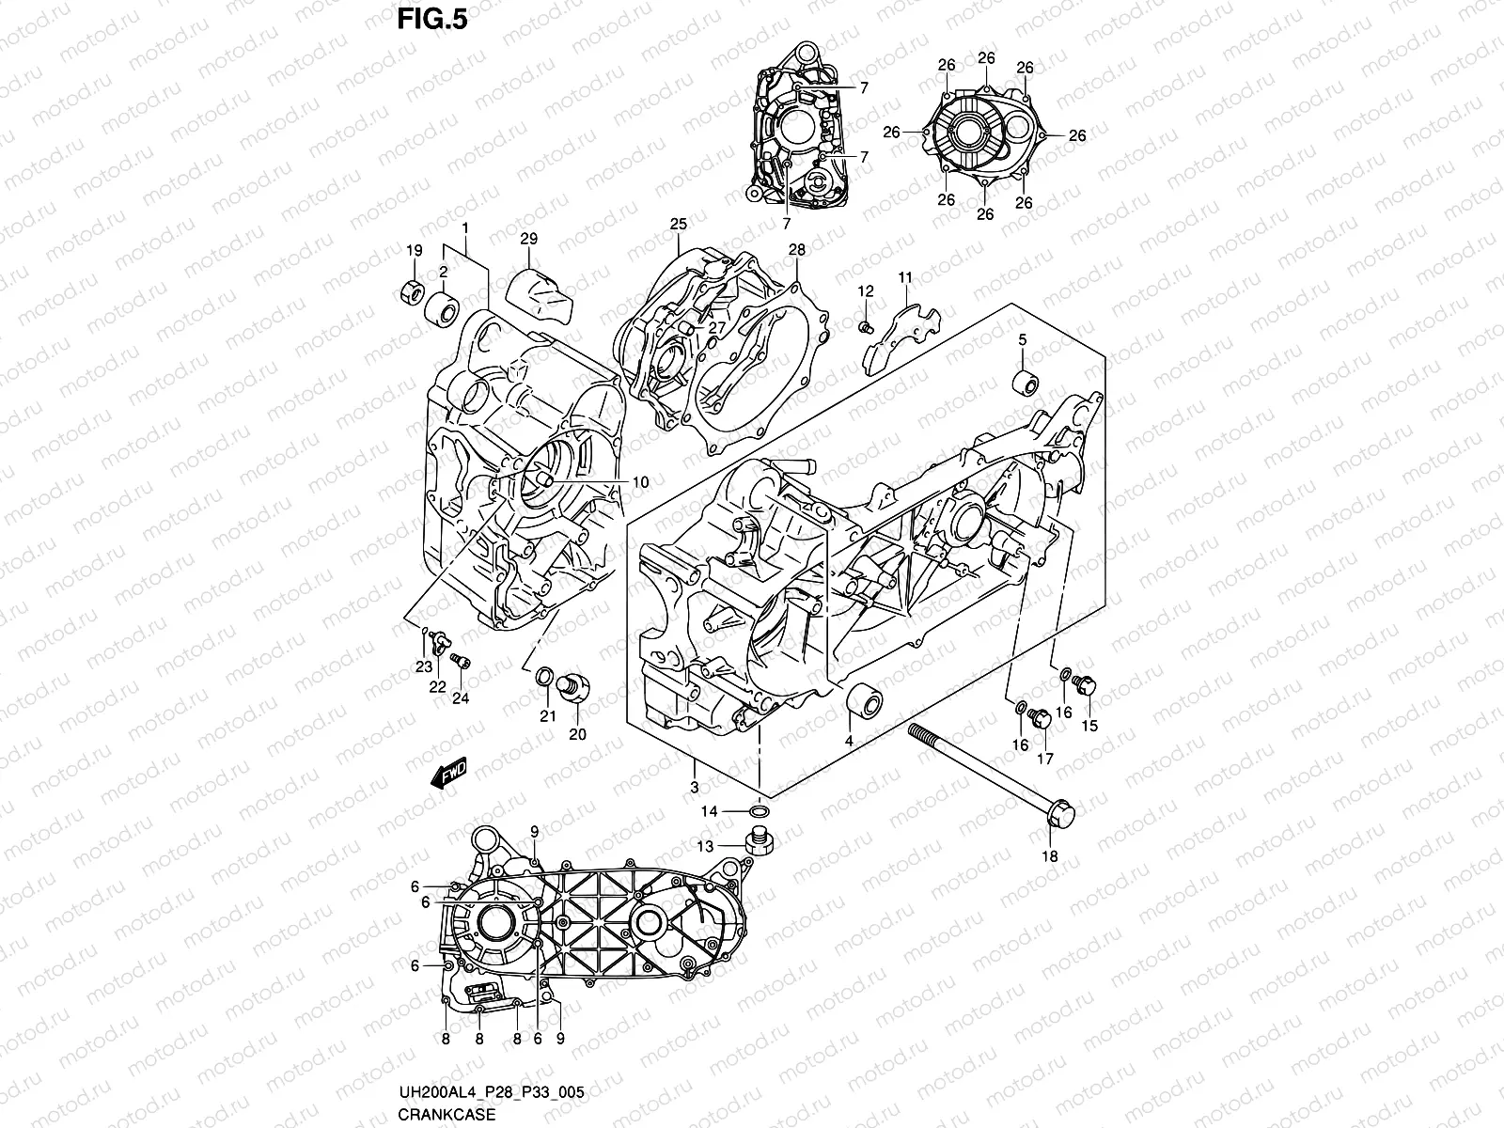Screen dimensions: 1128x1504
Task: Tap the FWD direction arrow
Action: click(450, 774)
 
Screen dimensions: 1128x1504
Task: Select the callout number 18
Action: click(1050, 856)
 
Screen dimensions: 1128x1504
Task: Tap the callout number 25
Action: click(679, 224)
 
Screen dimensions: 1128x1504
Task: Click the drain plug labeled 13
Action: click(758, 839)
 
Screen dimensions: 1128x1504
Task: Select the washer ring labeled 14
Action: click(760, 810)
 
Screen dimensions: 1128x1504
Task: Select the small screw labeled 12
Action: click(865, 326)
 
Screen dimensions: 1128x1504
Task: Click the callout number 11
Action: click(905, 277)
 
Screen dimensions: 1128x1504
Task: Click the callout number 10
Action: click(639, 482)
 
